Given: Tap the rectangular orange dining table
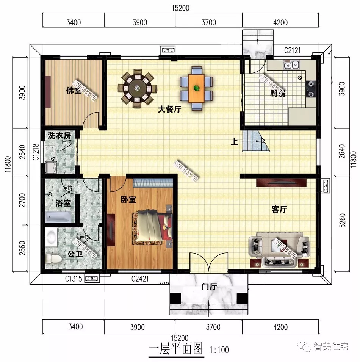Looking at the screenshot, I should [x=196, y=88].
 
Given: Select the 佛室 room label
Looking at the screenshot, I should [x=73, y=91].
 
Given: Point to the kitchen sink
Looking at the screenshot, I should [x=291, y=65].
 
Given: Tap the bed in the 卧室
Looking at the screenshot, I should [x=152, y=227].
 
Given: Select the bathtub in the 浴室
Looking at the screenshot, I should [x=58, y=217].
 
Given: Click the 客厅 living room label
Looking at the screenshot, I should [x=279, y=209].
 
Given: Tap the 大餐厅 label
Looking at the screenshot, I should [x=169, y=110].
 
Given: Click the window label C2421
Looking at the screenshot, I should [x=140, y=279].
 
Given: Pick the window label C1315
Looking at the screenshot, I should [x=74, y=279].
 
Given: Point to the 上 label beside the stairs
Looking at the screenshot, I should [x=235, y=143].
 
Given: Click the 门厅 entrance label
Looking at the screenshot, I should [x=209, y=287].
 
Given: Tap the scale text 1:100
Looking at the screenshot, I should [x=219, y=349].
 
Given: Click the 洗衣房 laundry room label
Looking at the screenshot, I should [x=59, y=135].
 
